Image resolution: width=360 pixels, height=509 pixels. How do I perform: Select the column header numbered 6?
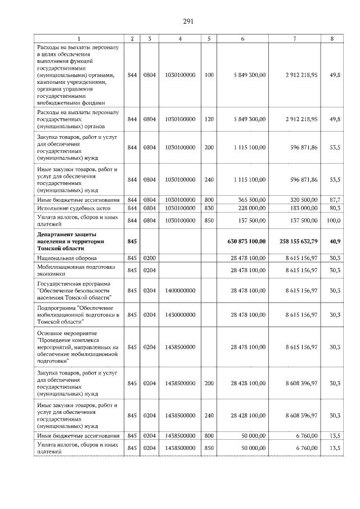[x=242, y=38]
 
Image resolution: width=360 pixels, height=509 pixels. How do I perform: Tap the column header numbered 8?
[x=335, y=38]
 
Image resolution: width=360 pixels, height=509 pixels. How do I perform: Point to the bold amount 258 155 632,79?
[x=298, y=241]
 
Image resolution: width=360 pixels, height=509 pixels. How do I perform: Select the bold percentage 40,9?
[x=335, y=241]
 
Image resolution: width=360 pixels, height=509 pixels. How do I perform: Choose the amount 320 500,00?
[x=301, y=200]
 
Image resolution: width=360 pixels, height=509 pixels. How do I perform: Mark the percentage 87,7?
[x=335, y=200]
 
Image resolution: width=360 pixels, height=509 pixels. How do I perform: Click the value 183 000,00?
[x=301, y=208]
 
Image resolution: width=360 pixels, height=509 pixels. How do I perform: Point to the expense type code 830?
[x=209, y=208]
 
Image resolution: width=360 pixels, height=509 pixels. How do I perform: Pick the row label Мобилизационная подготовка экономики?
[x=73, y=270]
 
